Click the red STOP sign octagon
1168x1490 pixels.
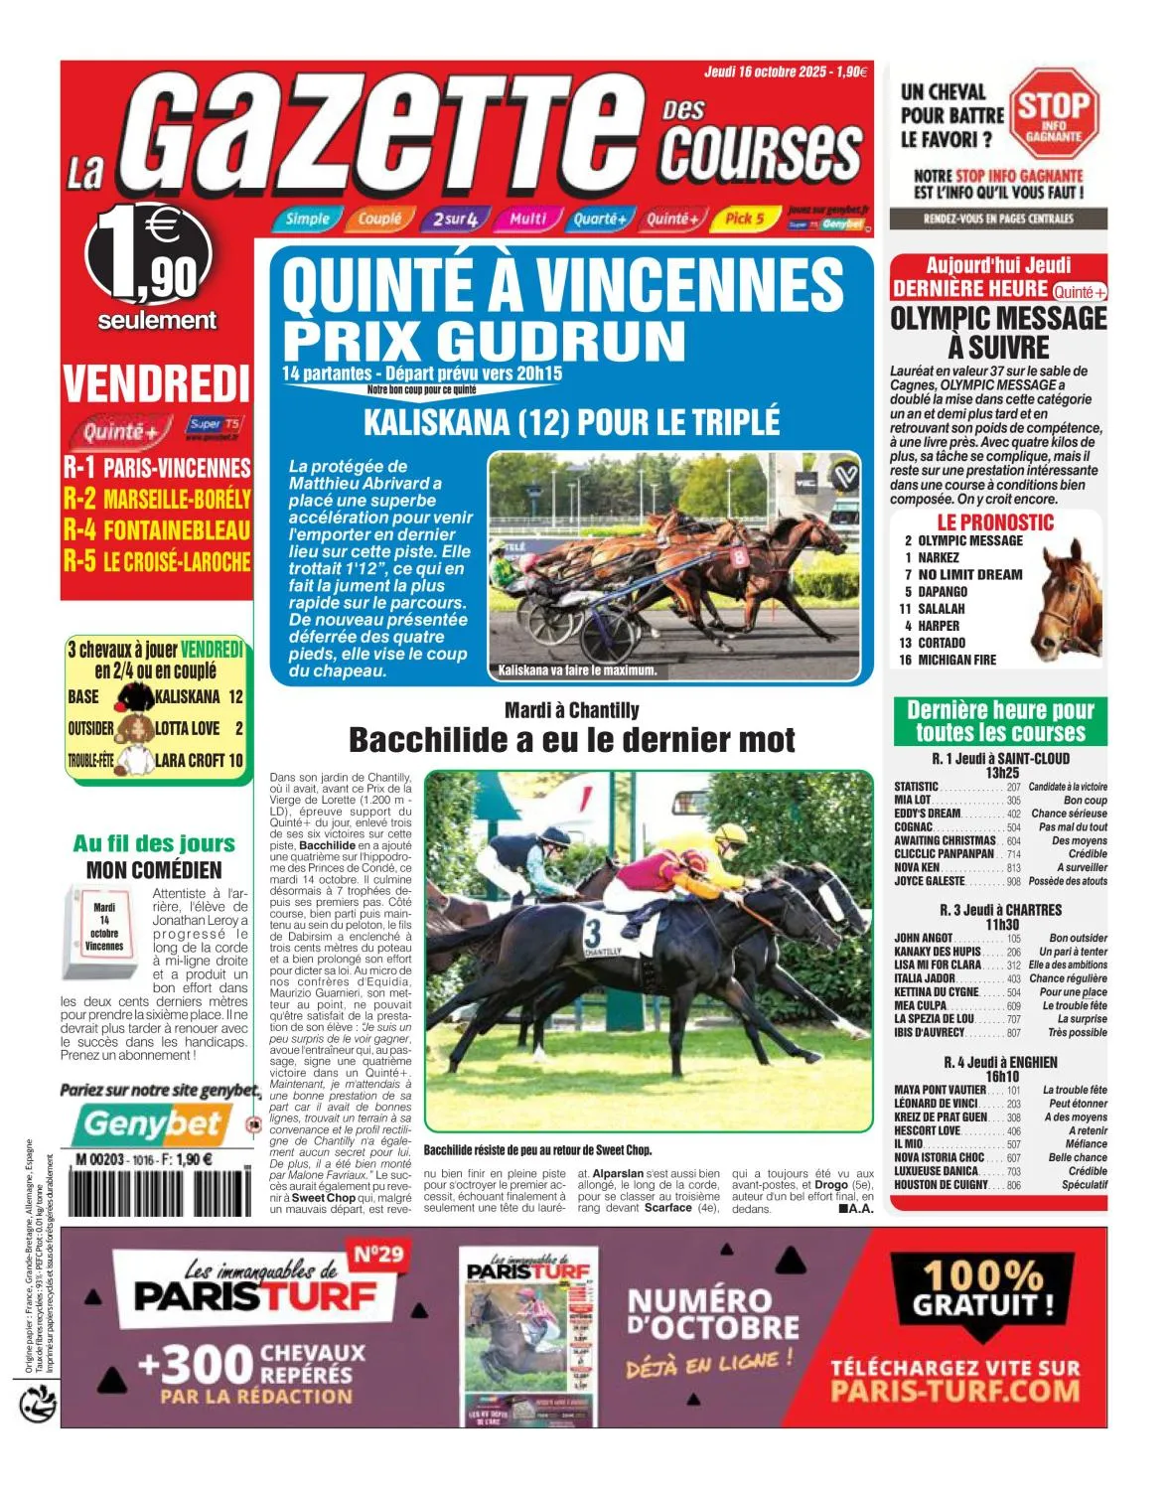1054,112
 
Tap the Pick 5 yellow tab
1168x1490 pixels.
743,219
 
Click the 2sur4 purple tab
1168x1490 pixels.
455,219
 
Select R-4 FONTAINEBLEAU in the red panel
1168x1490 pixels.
157,529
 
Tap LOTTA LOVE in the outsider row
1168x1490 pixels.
187,728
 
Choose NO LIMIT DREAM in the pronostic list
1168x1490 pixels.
969,574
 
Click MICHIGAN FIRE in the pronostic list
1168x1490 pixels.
956,660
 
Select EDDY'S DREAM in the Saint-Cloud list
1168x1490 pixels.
928,814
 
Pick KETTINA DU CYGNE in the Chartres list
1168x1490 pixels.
936,992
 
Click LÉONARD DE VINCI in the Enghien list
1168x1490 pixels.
936,1104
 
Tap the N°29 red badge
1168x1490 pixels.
377,1255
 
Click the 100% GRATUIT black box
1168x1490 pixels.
983,1288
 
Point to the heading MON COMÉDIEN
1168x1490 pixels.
154,870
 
